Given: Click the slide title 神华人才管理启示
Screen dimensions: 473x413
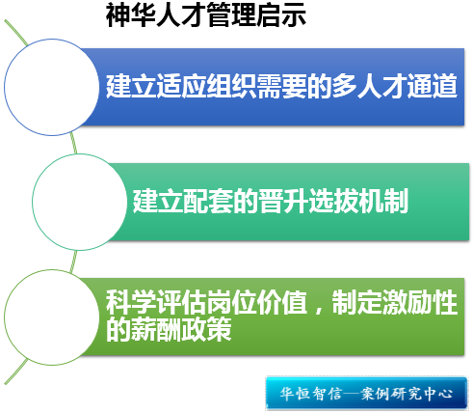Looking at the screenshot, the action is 206,14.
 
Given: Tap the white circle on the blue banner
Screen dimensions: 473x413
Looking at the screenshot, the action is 52,87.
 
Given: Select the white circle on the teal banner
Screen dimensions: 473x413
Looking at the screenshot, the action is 80,202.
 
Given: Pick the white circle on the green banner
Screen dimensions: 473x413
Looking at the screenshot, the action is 52,317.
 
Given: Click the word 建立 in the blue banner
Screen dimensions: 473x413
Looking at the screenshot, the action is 131,86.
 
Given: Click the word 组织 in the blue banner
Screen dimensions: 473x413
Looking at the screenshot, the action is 231,86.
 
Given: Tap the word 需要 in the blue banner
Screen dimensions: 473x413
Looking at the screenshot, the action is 281,86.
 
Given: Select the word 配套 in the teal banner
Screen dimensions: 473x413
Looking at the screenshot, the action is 208,201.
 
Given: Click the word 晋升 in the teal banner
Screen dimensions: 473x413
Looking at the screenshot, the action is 283,201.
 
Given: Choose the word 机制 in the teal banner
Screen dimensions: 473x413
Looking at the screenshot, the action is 383,201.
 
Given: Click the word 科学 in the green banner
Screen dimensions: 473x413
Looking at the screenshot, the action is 131,302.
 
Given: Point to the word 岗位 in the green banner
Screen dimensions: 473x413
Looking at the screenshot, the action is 231,302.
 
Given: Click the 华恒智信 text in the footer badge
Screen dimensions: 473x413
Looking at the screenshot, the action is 310,394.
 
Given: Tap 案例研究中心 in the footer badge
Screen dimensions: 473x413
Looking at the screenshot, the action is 407,394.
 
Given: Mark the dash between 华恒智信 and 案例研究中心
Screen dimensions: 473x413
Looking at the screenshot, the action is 350,394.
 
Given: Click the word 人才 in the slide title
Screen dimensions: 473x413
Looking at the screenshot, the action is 181,14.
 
